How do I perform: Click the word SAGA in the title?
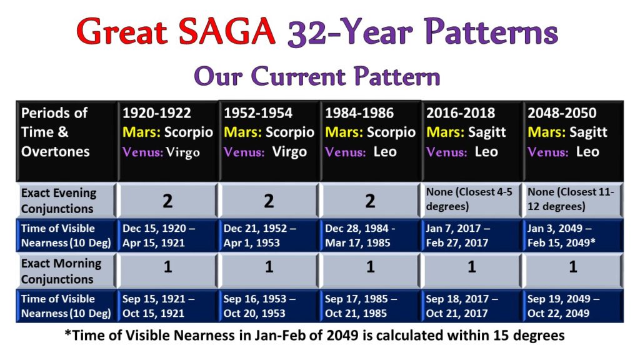227,31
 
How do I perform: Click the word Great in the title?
122,31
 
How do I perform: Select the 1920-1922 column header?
157,113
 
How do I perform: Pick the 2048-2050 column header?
562,113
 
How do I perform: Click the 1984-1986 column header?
359,113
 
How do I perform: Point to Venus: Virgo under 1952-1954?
265,152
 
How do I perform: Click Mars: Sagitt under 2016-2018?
466,132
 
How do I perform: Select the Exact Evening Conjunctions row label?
59,201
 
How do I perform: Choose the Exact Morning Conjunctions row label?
61,271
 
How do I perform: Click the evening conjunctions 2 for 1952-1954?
269,201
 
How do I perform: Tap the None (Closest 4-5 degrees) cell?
469,199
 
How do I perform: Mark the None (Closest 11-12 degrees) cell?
571,199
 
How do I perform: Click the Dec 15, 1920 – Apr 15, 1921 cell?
159,236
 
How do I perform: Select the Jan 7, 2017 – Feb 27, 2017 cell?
458,236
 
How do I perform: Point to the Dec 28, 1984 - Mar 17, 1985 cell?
360,236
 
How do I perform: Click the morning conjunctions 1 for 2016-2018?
471,267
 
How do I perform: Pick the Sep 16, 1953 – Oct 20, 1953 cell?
259,306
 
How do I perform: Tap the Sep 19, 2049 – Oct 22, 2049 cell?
564,306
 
